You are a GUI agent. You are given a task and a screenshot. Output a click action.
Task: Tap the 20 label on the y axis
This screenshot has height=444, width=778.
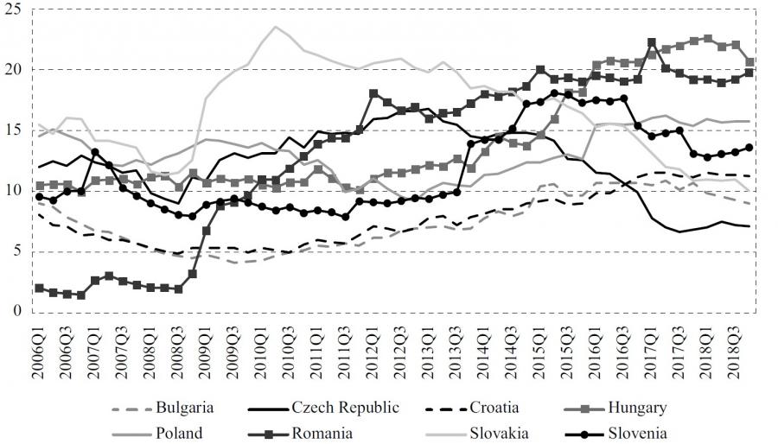pyautogui.click(x=14, y=69)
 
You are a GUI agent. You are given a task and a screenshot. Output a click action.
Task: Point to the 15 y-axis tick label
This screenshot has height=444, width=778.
pyautogui.click(x=14, y=130)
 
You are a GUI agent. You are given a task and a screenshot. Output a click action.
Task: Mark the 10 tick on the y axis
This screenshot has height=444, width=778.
pyautogui.click(x=14, y=190)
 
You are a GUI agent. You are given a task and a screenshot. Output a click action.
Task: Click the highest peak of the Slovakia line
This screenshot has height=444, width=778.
pyautogui.click(x=276, y=27)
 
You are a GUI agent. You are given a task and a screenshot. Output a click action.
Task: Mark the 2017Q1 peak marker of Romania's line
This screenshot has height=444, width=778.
pyautogui.click(x=652, y=42)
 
